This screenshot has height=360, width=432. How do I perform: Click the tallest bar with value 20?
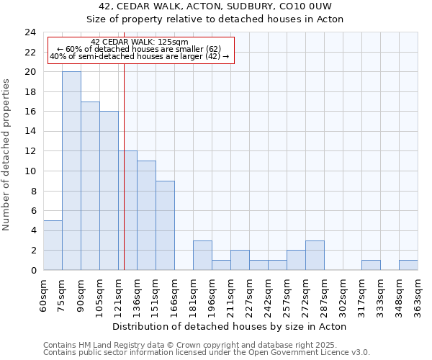71,171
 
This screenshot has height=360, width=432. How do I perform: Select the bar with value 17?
90,186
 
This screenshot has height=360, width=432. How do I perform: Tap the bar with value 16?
109,191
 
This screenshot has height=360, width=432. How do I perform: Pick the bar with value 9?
165,225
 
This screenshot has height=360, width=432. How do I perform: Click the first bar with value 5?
53,245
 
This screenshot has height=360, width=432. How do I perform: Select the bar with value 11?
146,215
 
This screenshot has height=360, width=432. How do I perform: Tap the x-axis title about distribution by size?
230,327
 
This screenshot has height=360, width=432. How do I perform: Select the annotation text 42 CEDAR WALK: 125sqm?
140,42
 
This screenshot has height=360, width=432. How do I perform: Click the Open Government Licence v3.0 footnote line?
207,353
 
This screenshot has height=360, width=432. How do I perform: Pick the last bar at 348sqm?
408,265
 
